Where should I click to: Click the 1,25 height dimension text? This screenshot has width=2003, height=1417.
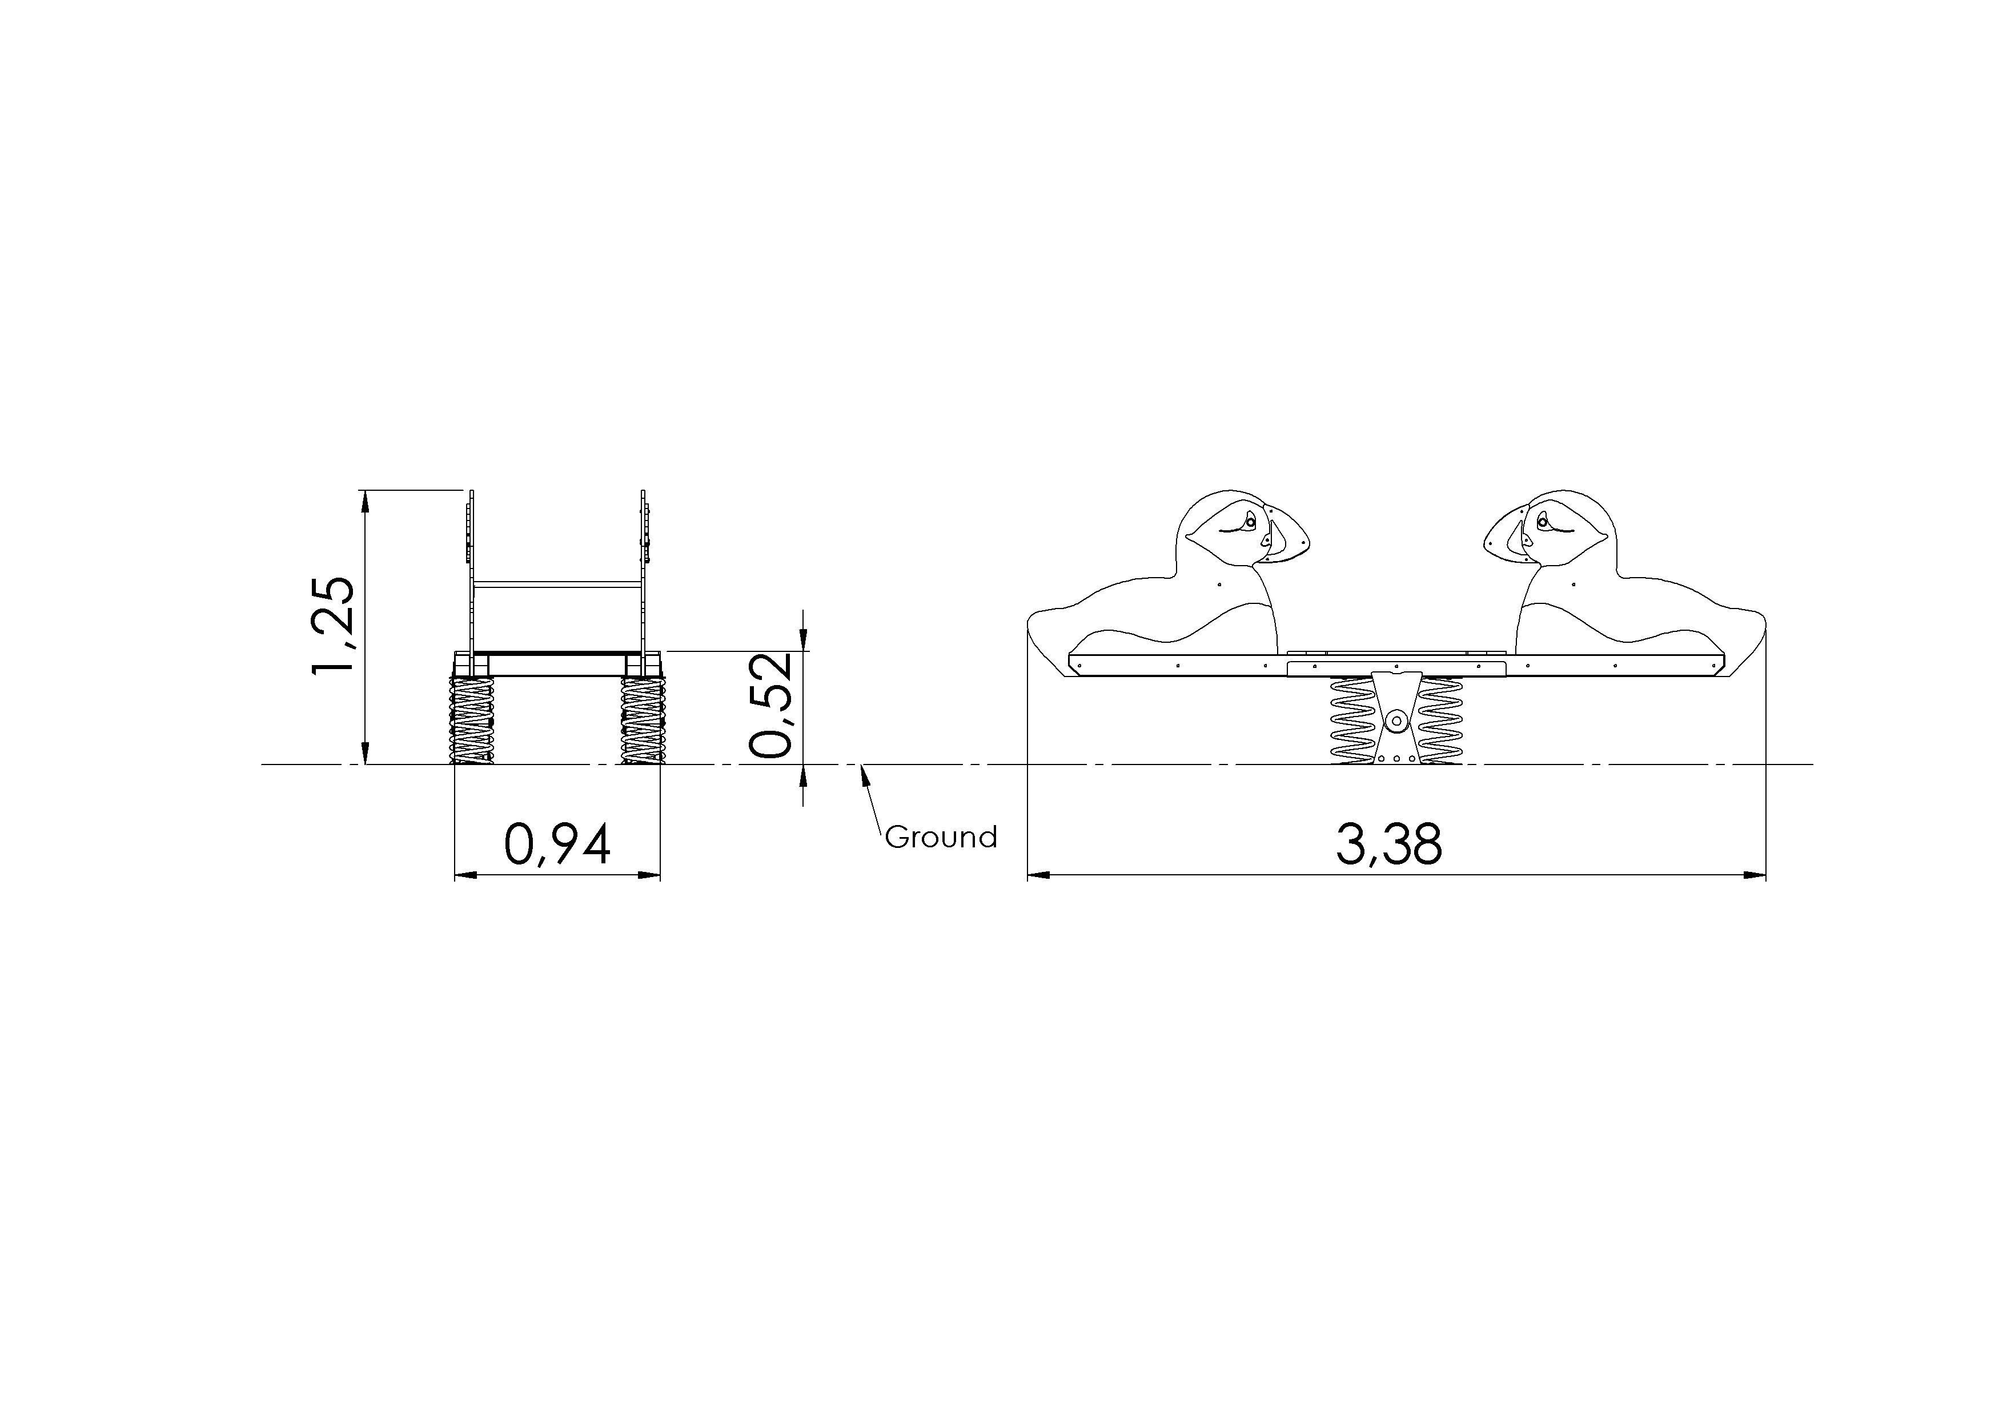click(333, 625)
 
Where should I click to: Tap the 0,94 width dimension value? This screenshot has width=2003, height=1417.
click(557, 844)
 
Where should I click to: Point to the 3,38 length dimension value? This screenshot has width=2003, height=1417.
click(1389, 844)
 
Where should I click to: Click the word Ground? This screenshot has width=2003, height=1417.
click(941, 838)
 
